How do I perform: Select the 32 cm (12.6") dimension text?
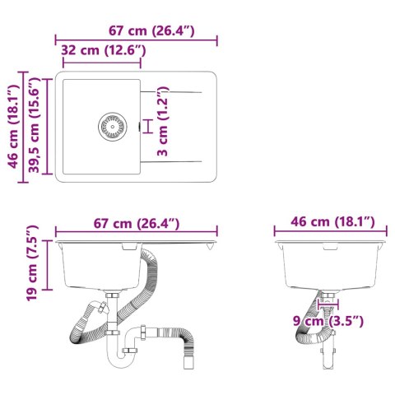point(104,51)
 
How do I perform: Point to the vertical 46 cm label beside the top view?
point(12,125)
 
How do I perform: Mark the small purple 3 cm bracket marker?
point(147,125)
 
